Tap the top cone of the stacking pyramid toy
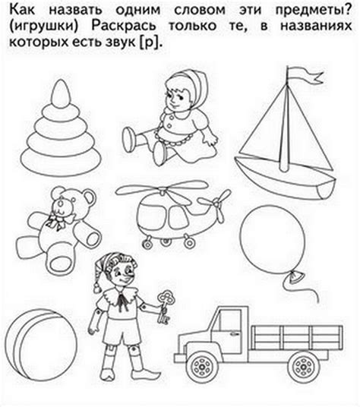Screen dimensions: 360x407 61,93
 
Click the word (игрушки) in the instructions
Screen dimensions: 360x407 43,27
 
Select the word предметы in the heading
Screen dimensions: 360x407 314,11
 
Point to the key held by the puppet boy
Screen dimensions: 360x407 165,306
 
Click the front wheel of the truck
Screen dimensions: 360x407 202,367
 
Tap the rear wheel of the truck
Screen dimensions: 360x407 303,367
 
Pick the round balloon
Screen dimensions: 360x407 272,238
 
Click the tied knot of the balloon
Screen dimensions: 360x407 296,276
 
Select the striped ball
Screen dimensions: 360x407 41,345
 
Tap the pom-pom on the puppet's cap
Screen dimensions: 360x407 97,288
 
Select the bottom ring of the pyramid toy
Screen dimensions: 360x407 61,160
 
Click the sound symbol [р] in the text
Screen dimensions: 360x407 150,43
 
